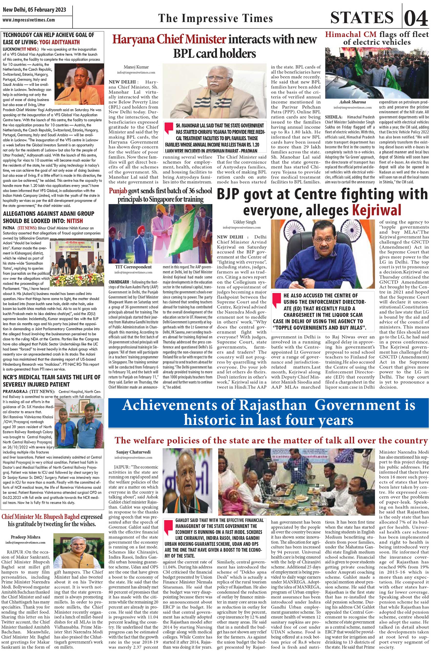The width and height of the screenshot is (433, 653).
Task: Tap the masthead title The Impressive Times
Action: tap(215, 18)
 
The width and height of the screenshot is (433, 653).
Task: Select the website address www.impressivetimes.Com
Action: tap(29, 20)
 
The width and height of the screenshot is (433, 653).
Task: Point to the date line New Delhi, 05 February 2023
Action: tap(34, 10)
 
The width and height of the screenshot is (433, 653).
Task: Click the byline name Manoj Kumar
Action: tap(136, 67)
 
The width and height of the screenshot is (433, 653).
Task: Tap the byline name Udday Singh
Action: tap(241, 222)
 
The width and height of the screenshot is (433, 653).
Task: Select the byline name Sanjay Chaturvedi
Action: tap(133, 452)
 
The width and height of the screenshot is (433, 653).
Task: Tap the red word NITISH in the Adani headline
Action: tap(75, 221)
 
